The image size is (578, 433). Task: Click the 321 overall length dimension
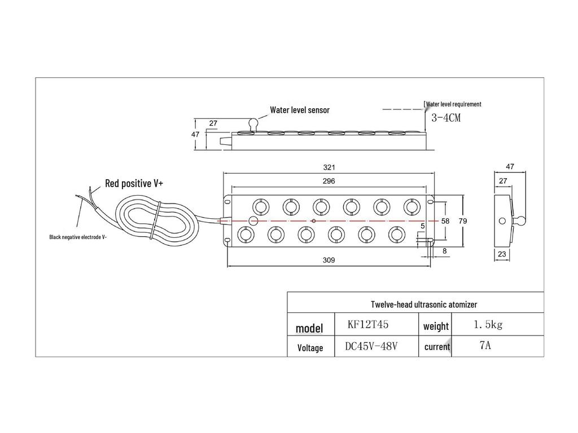click(x=329, y=167)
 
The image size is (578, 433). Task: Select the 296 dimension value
click(x=329, y=182)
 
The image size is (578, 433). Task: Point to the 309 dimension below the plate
click(x=329, y=260)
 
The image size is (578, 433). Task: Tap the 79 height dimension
click(x=462, y=222)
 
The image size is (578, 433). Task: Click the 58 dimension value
click(x=445, y=222)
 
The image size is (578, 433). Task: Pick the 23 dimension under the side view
click(x=502, y=255)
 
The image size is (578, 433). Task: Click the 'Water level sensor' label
click(x=299, y=110)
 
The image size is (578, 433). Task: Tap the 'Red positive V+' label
click(x=134, y=183)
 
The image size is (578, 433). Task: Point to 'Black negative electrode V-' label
click(x=77, y=237)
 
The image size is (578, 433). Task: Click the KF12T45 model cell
click(x=368, y=325)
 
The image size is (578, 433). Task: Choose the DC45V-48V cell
click(x=371, y=346)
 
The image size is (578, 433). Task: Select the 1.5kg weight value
click(x=488, y=325)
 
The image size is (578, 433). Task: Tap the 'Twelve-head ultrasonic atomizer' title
click(x=424, y=304)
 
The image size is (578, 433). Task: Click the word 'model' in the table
click(x=309, y=328)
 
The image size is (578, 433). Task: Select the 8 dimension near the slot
click(x=445, y=252)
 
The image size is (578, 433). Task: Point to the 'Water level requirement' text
click(x=453, y=104)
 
